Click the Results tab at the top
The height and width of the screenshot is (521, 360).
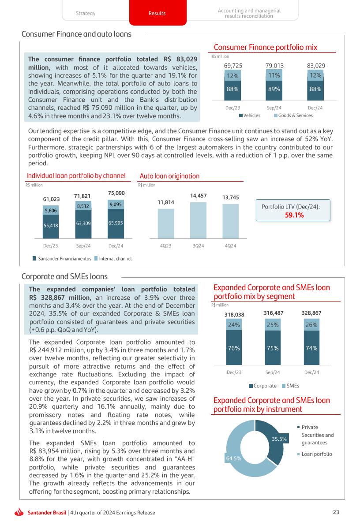point(157,13)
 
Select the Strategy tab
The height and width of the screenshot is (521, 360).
point(86,13)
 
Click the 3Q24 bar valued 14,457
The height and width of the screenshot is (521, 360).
point(198,220)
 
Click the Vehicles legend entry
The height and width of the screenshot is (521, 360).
point(250,115)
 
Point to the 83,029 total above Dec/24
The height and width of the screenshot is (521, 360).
point(316,66)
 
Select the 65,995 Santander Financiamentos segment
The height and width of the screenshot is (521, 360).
point(116,223)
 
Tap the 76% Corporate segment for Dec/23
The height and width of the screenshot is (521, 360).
point(234,348)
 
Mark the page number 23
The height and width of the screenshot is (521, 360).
point(336,512)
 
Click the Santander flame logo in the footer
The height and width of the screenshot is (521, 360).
point(19,512)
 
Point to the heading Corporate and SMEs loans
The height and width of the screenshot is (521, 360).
point(64,276)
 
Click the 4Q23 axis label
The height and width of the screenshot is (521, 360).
point(166,246)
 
